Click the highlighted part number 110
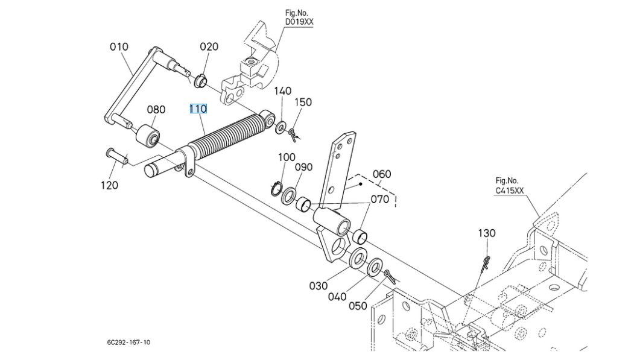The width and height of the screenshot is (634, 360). pyautogui.click(x=198, y=109)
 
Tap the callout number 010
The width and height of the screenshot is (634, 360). pyautogui.click(x=119, y=46)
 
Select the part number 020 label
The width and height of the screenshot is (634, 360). pyautogui.click(x=209, y=46)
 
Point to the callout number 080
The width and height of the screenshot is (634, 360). pyautogui.click(x=156, y=110)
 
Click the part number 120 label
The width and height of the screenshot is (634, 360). pyautogui.click(x=109, y=185)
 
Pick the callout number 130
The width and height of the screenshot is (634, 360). pyautogui.click(x=487, y=233)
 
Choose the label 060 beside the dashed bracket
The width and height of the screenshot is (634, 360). pyautogui.click(x=381, y=174)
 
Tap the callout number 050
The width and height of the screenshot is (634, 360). pyautogui.click(x=358, y=306)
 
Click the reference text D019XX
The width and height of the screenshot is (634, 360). pyautogui.click(x=299, y=22)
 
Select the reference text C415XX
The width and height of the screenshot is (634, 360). pyautogui.click(x=510, y=190)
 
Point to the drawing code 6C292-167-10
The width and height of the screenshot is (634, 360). pyautogui.click(x=129, y=343)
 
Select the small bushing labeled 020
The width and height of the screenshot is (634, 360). pyautogui.click(x=201, y=79)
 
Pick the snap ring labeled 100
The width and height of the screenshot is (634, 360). pyautogui.click(x=276, y=188)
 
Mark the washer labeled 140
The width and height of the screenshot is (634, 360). pyautogui.click(x=281, y=128)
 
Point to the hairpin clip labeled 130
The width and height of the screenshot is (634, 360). pyautogui.click(x=486, y=263)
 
